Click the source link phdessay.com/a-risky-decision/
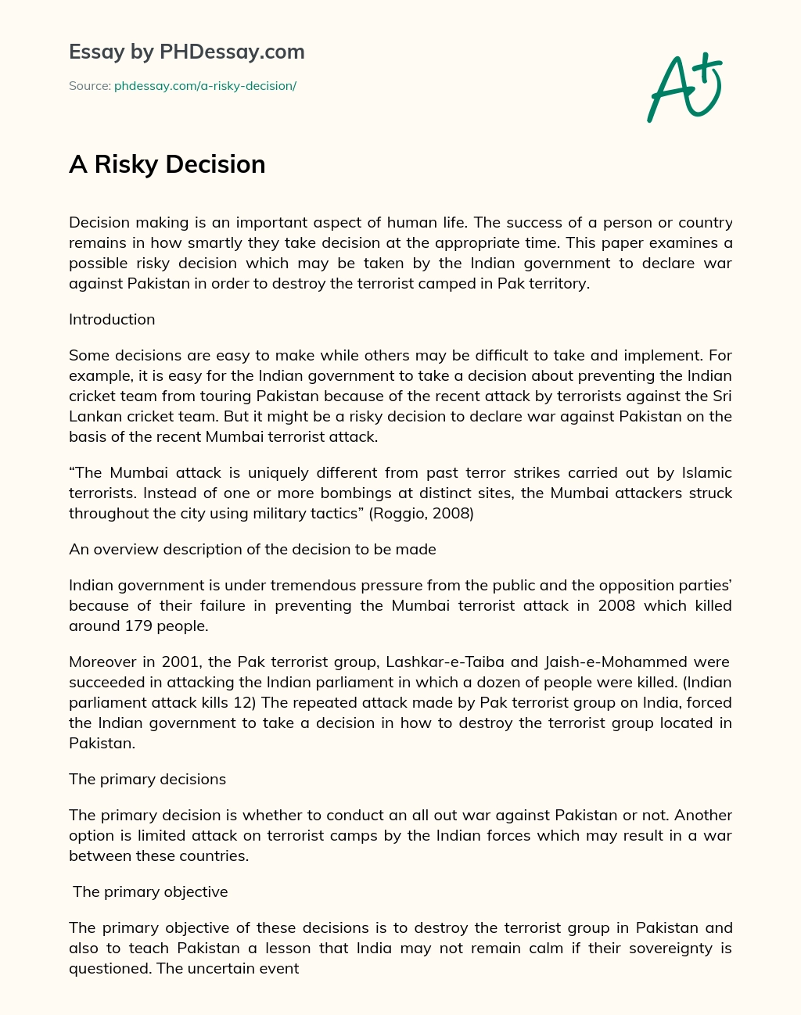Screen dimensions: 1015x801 coord(205,86)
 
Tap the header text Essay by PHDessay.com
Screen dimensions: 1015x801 coord(186,52)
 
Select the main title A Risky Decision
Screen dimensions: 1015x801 coord(167,164)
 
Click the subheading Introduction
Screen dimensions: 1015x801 coord(112,319)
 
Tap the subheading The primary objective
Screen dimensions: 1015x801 coord(150,891)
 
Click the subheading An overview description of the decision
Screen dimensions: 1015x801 coord(252,549)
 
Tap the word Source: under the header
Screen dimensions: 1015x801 coord(89,86)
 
